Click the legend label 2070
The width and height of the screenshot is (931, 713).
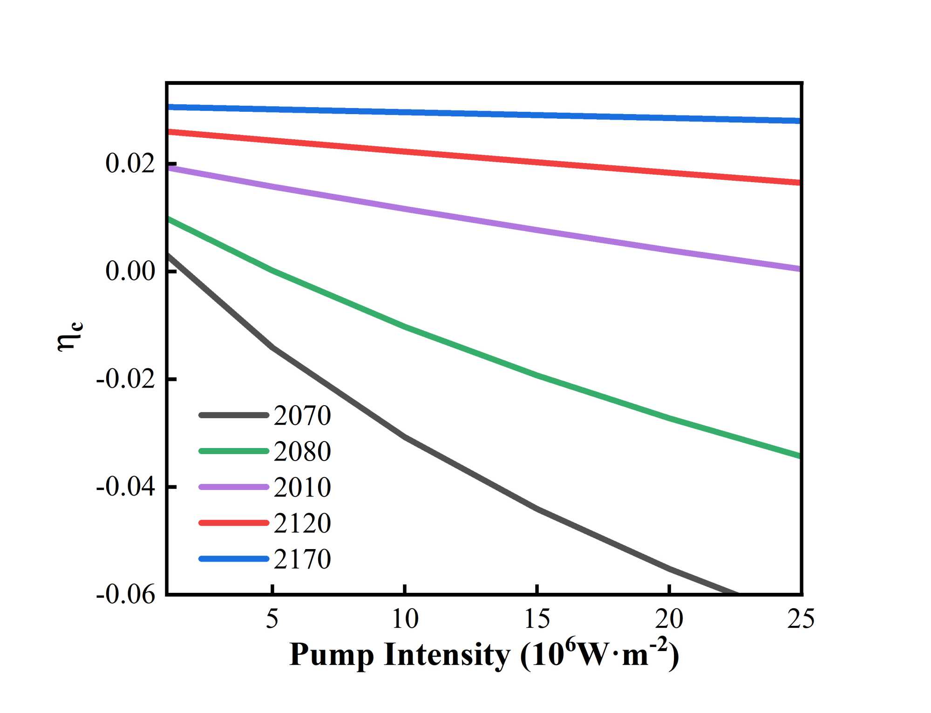(302, 415)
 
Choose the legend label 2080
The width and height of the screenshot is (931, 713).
(302, 451)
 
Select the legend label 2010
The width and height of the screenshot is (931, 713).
(302, 488)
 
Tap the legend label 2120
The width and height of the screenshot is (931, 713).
(302, 523)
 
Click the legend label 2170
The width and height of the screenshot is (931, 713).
(302, 559)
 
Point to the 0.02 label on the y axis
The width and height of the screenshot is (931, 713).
(130, 164)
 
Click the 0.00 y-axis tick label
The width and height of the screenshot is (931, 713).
(130, 271)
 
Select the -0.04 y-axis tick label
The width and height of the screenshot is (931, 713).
(125, 487)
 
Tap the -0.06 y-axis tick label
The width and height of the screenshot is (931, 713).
(125, 595)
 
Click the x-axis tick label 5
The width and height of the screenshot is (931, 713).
(272, 619)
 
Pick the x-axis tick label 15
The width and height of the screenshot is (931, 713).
(537, 619)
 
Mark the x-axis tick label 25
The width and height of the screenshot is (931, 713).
(801, 619)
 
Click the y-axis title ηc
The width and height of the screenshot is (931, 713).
(69, 336)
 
